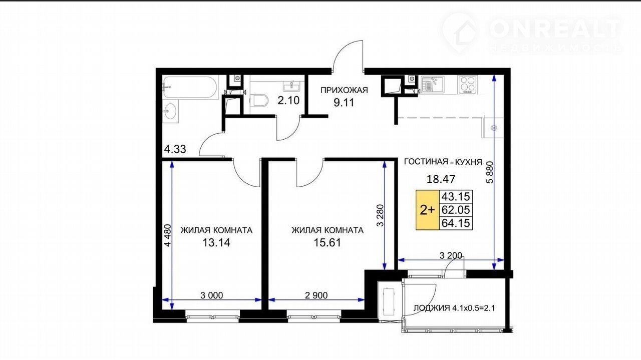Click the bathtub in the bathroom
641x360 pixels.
point(190,87)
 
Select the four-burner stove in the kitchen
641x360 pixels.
point(467,85)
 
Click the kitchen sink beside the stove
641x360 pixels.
point(432,85)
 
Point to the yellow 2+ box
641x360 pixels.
point(428,210)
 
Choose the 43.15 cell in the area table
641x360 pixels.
point(456,197)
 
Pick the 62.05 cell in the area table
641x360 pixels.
point(456,210)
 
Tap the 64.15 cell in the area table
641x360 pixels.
point(456,223)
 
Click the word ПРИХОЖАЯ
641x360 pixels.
point(344,91)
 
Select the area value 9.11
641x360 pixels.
point(344,103)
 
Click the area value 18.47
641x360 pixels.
point(441,179)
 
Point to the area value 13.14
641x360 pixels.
point(216,243)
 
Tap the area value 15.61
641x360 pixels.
point(328,243)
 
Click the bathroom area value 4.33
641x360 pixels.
point(175,149)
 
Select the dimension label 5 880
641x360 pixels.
point(490,172)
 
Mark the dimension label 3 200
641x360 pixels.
point(451,255)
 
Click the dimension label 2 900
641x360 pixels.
point(316,295)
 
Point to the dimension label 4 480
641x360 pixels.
point(167,235)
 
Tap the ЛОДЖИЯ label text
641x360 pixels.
point(432,308)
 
